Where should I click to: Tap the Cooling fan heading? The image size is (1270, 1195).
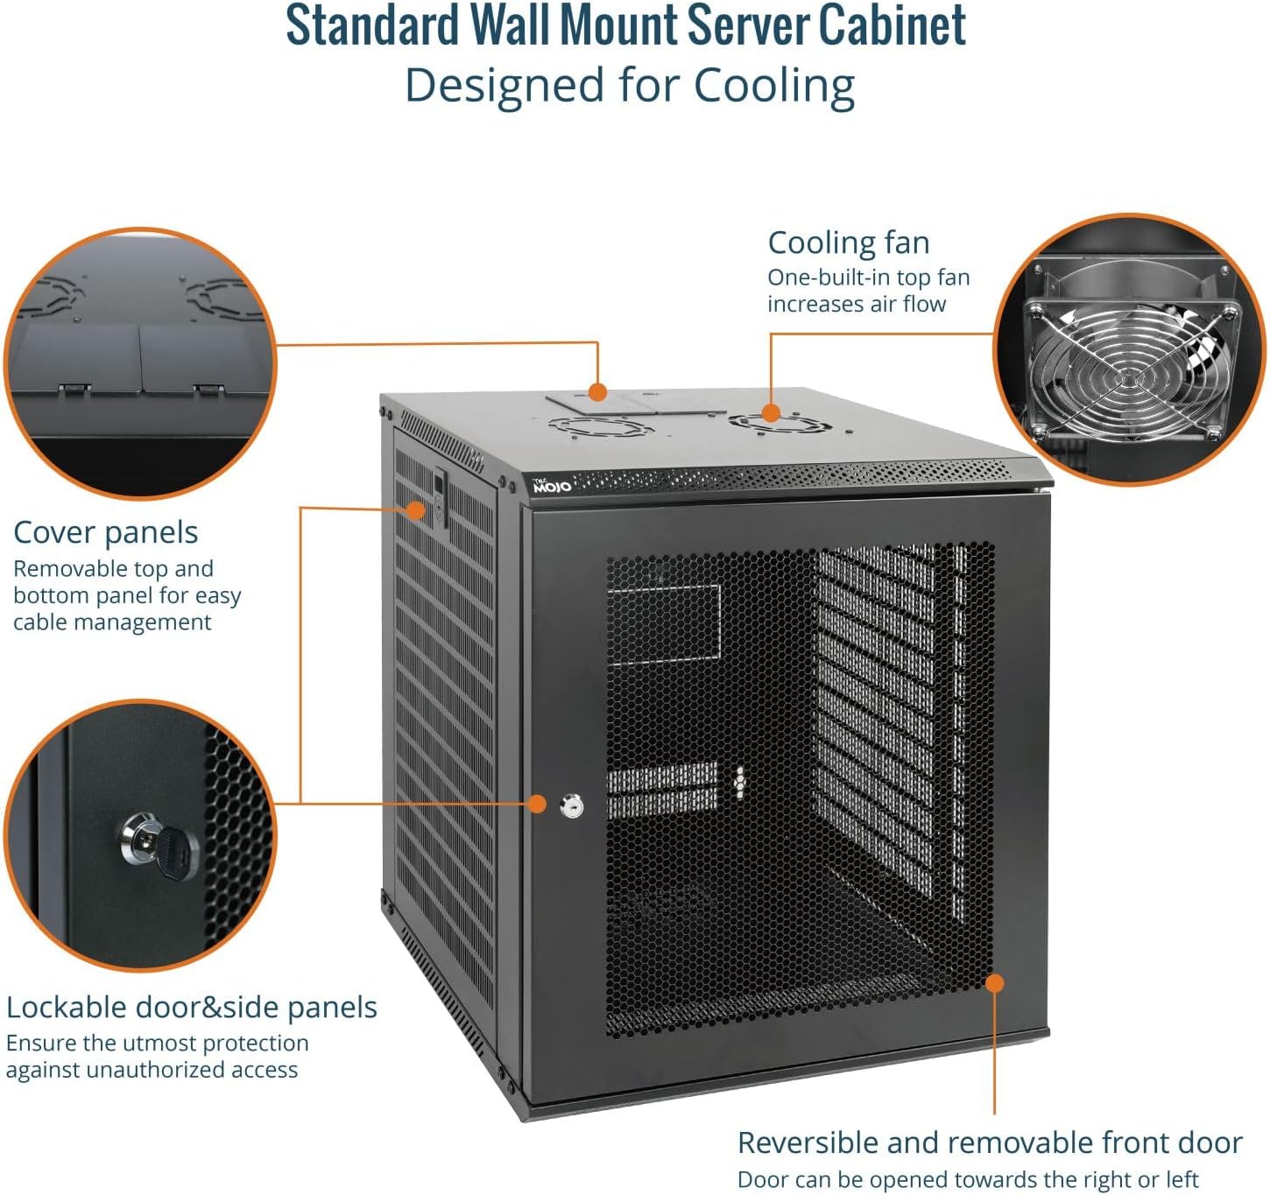click(x=848, y=243)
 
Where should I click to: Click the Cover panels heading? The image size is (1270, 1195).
click(x=105, y=532)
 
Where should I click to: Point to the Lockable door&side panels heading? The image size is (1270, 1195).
click(x=191, y=1007)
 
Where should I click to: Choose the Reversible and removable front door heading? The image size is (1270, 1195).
click(x=990, y=1142)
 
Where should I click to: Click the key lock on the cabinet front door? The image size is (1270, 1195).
click(x=571, y=805)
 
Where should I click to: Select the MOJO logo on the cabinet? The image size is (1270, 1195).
click(x=552, y=485)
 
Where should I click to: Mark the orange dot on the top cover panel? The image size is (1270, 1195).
click(x=597, y=391)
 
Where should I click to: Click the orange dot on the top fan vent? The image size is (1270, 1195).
click(x=771, y=412)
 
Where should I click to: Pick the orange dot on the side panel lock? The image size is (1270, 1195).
click(x=417, y=509)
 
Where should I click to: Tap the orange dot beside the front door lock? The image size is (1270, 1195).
click(x=537, y=803)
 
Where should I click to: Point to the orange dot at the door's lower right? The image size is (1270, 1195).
click(x=993, y=982)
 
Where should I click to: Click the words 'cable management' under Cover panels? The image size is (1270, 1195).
click(x=112, y=622)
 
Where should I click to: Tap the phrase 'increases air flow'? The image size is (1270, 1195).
click(x=856, y=304)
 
